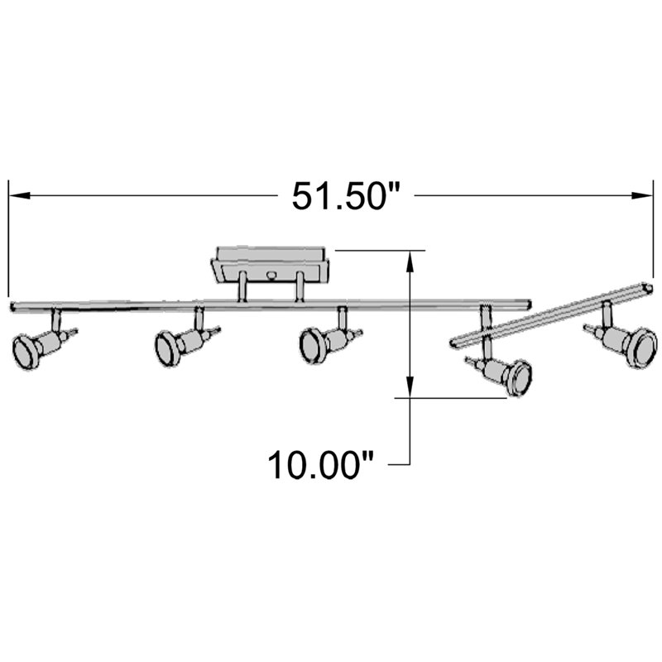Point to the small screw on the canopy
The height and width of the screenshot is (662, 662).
click(x=271, y=272)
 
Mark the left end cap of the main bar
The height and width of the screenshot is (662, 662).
click(x=13, y=307)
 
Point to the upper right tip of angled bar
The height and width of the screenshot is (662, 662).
click(x=650, y=286)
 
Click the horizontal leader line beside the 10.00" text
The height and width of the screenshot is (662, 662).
click(x=400, y=465)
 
